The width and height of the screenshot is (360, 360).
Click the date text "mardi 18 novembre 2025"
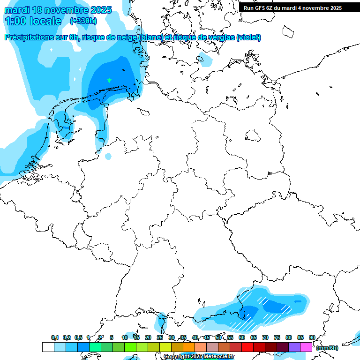click(x=58, y=10)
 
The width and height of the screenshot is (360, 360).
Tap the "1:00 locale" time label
click(x=33, y=21)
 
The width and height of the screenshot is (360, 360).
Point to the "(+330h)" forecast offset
click(x=83, y=21)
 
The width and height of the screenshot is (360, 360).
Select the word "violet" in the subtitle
click(x=249, y=37)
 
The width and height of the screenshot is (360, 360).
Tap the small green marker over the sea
click(x=109, y=80)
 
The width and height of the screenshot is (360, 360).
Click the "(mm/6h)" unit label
click(x=328, y=348)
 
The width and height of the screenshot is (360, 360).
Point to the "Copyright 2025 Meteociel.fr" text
click(x=199, y=357)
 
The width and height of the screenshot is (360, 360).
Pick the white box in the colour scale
click(x=48, y=347)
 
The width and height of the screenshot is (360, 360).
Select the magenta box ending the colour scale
click(x=306, y=347)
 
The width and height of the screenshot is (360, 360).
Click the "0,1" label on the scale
click(x=55, y=338)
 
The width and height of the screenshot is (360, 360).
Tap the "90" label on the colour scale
click(x=312, y=338)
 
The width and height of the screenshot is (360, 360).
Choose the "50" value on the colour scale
click(x=218, y=338)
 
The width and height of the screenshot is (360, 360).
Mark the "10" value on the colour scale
click(x=125, y=338)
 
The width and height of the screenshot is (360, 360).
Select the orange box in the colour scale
click(x=189, y=347)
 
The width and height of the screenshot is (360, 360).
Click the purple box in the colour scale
click(x=294, y=347)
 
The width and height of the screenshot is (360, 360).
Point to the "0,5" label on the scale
click(x=78, y=338)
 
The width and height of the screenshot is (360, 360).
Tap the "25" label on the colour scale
click(x=160, y=338)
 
